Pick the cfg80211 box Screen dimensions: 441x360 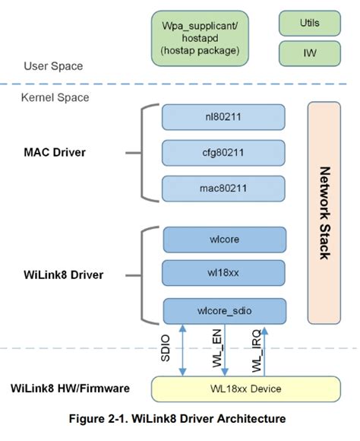coord(223,152)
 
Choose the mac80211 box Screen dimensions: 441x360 coord(223,187)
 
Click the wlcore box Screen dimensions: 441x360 coord(224,240)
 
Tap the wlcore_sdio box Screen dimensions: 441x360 coord(224,310)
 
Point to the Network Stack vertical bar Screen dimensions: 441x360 coord(324,212)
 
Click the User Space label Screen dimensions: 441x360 coord(53,66)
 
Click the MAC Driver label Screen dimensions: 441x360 coord(55,152)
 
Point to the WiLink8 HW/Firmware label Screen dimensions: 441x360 coord(70,389)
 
